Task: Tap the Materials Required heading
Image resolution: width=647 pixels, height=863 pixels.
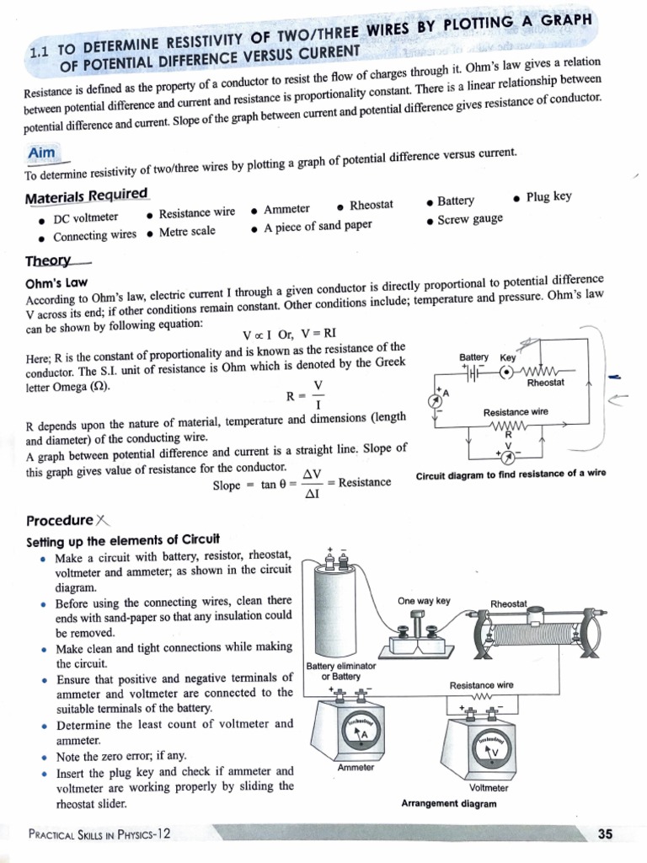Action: pos(86,196)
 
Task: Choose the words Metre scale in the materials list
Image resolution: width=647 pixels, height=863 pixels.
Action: pos(186,232)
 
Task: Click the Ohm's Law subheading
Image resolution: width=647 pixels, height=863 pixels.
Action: pos(57,283)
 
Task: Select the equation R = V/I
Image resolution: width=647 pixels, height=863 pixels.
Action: pos(307,392)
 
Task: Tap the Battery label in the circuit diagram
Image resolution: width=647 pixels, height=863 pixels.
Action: pos(473,357)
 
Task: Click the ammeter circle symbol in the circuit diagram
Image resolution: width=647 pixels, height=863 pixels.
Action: pos(436,400)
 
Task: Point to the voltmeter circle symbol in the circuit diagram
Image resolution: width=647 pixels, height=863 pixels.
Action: pos(508,455)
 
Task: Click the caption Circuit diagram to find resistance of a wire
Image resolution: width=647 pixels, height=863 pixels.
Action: pos(511,474)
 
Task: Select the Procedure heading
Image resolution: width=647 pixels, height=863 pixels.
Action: pos(60,520)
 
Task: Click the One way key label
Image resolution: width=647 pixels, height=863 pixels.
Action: pos(424,601)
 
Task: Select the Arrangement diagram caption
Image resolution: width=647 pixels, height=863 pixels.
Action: pos(449,803)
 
